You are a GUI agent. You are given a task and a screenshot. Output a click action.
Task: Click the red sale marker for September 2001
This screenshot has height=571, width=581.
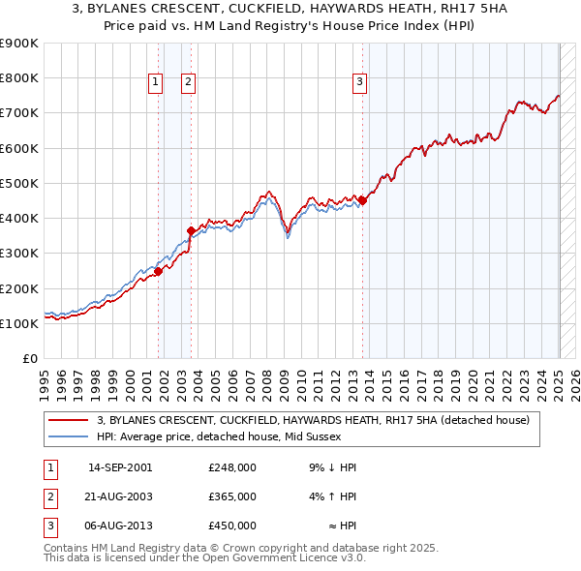coord(158,271)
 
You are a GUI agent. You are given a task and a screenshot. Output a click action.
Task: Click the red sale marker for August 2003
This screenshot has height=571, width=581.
coord(191,230)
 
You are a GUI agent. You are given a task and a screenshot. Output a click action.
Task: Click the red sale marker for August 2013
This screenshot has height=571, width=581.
coord(362,200)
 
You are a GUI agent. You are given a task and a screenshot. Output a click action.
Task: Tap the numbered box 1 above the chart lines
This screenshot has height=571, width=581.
coord(155,83)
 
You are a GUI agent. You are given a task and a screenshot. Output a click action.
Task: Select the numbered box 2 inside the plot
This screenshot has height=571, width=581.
coord(188,83)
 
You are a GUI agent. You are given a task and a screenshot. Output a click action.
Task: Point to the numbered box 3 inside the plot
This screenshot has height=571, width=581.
coord(359,83)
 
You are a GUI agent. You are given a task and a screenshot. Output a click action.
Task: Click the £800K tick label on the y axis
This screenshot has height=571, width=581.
coord(19,78)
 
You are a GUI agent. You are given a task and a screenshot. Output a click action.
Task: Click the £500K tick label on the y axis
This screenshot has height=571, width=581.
coord(19,183)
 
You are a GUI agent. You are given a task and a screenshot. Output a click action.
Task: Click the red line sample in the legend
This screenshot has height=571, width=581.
coord(68,421)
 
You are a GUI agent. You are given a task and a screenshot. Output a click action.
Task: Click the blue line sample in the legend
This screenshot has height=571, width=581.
coord(68,436)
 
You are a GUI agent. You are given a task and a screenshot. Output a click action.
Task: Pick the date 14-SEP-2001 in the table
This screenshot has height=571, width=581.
coord(120,467)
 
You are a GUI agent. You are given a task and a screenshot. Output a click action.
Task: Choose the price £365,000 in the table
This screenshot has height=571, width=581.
coord(231,496)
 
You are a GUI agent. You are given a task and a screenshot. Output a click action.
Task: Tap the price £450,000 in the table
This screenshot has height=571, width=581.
coord(231,526)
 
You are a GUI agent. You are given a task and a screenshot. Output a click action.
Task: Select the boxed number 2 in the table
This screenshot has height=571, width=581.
coord(49,496)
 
